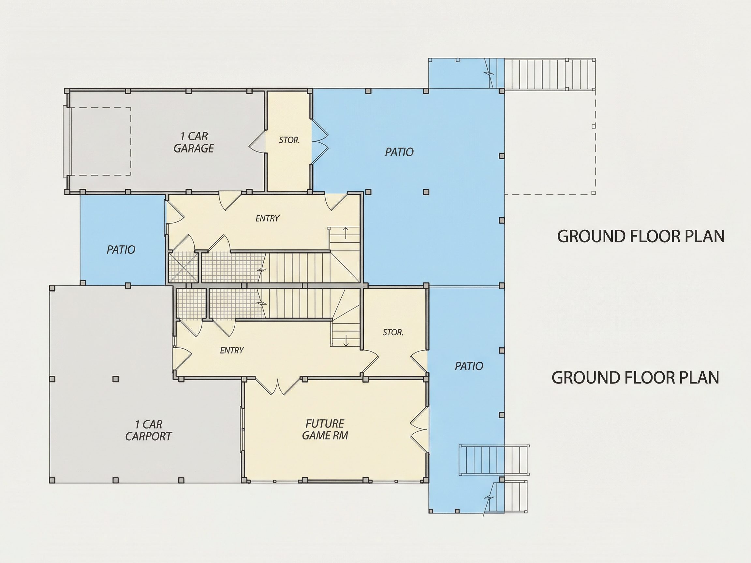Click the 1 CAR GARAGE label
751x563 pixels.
pyautogui.click(x=194, y=142)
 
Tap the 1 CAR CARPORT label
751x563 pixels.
pyautogui.click(x=148, y=430)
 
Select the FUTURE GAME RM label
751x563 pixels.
pyautogui.click(x=325, y=430)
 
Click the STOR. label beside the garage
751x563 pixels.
pyautogui.click(x=289, y=140)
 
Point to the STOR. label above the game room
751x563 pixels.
pyautogui.click(x=393, y=332)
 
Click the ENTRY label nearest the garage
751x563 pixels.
pyautogui.click(x=268, y=218)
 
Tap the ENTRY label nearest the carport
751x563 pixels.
pyautogui.click(x=232, y=350)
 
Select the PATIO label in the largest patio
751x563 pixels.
pyautogui.click(x=399, y=152)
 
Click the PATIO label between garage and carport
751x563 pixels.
pyautogui.click(x=121, y=250)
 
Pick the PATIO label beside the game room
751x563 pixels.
pyautogui.click(x=469, y=366)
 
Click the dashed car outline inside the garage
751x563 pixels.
pyautogui.click(x=100, y=141)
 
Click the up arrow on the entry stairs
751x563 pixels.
pyautogui.click(x=346, y=233)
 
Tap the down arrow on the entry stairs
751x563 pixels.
pyautogui.click(x=346, y=340)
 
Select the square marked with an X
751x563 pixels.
pyautogui.click(x=183, y=267)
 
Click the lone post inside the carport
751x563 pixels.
pyautogui.click(x=115, y=379)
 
